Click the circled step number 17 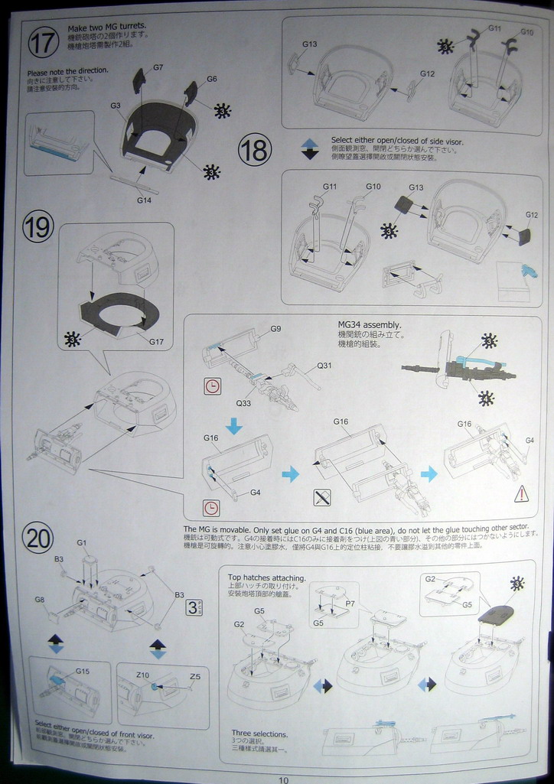pyautogui.click(x=43, y=42)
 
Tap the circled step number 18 pyautogui.click(x=255, y=150)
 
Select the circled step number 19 pyautogui.click(x=37, y=227)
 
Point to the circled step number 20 pyautogui.click(x=37, y=538)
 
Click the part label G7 pyautogui.click(x=158, y=67)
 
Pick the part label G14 pyautogui.click(x=145, y=200)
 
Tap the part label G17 pyautogui.click(x=157, y=341)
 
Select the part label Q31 pyautogui.click(x=324, y=365)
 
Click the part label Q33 pyautogui.click(x=243, y=403)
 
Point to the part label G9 pyautogui.click(x=275, y=329)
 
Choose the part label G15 pyautogui.click(x=83, y=671)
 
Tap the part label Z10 pyautogui.click(x=143, y=675)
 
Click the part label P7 pyautogui.click(x=350, y=603)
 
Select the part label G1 pyautogui.click(x=81, y=542)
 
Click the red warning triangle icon pyautogui.click(x=521, y=493)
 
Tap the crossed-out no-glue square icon pyautogui.click(x=322, y=498)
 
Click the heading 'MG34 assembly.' pyautogui.click(x=370, y=324)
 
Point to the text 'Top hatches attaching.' pyautogui.click(x=267, y=577)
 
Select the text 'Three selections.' pyautogui.click(x=259, y=734)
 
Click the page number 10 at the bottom pyautogui.click(x=284, y=780)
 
